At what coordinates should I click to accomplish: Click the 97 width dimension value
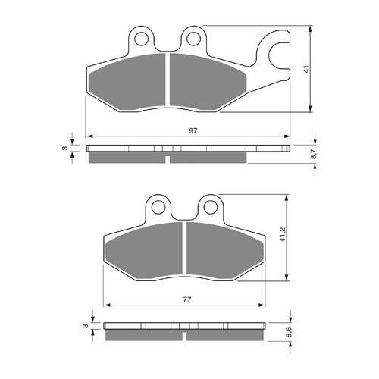[x=193, y=131]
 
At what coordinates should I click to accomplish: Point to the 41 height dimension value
[x=305, y=69]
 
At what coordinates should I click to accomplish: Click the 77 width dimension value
[x=186, y=300]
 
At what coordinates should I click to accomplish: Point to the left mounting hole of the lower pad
[x=158, y=205]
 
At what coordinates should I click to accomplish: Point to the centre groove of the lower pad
[x=183, y=252]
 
